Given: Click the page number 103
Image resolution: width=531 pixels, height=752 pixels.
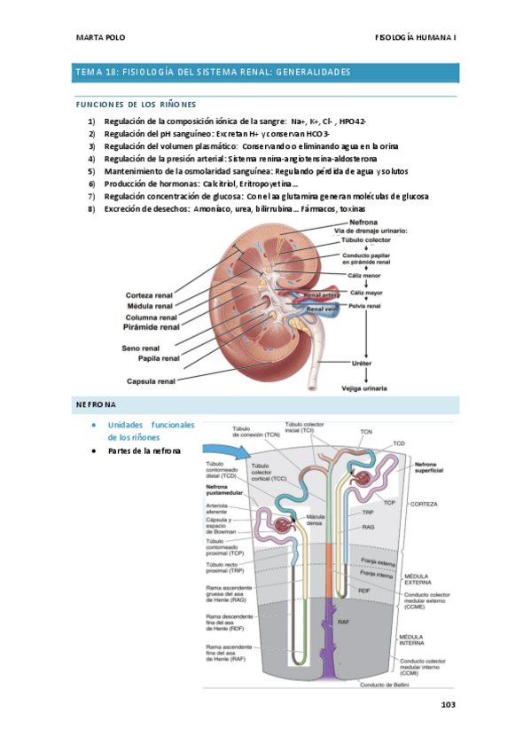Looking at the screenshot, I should click(x=447, y=706).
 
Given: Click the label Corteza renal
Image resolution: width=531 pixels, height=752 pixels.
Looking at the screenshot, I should click(x=148, y=295).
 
